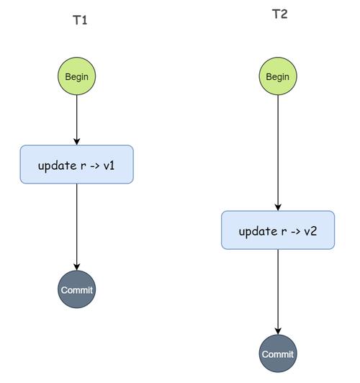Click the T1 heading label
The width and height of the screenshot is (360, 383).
(80, 20)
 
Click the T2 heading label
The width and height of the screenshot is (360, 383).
(279, 14)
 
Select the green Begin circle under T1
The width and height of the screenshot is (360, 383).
(77, 76)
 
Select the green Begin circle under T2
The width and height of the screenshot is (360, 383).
(278, 76)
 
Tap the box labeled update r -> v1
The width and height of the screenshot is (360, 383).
(77, 164)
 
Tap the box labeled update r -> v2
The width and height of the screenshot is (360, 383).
(278, 230)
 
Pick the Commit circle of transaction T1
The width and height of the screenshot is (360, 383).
(77, 289)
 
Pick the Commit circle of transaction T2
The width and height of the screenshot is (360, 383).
(278, 353)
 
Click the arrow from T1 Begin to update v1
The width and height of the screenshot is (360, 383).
(77, 120)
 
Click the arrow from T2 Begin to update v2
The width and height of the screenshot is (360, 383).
(278, 153)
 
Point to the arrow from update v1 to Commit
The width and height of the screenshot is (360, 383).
(77, 227)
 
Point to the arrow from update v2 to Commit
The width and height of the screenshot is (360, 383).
(278, 292)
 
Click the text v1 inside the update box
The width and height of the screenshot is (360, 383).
(109, 166)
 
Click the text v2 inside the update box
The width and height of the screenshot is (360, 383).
(310, 231)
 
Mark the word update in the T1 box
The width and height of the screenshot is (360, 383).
(57, 166)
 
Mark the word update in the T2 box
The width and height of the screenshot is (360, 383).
(258, 232)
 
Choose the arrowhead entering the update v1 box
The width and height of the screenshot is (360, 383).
(77, 142)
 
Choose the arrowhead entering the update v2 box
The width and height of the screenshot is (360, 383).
(278, 207)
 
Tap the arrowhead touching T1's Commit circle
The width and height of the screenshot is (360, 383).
(77, 267)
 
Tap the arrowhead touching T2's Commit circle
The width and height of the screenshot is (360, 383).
(278, 331)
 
